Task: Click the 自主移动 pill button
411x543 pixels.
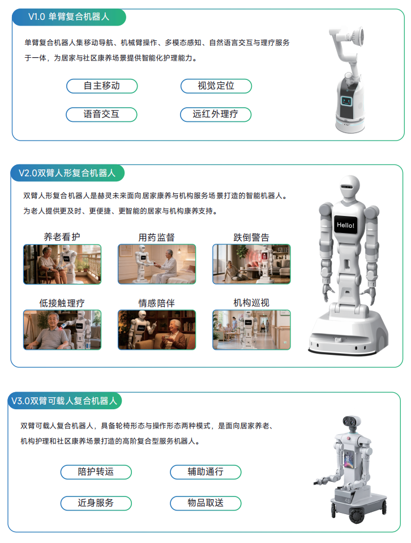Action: pos(102,86)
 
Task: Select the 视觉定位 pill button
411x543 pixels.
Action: pos(216,86)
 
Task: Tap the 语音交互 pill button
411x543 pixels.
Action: pos(101,114)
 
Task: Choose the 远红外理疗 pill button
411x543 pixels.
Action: pos(216,114)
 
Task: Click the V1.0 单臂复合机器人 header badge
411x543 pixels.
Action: pos(69,17)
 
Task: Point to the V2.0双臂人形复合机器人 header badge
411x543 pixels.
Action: pos(67,173)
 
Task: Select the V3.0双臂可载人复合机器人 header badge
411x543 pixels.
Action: pos(65,401)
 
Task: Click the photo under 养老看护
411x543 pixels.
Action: pos(62,264)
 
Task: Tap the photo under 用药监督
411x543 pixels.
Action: pos(157,264)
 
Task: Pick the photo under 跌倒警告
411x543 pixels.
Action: pos(251,264)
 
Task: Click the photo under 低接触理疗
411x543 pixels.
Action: pos(62,330)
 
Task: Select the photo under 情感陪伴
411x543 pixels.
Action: pos(157,330)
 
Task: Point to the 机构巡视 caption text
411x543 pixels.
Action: pos(251,303)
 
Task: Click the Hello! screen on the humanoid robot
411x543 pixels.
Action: pos(345,226)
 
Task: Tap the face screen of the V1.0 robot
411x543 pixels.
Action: pos(346,101)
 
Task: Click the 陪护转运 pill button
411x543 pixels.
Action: pos(96,472)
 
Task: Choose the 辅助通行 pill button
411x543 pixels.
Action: pos(205,472)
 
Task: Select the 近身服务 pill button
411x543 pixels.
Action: pos(96,503)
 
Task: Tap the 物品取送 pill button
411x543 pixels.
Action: pos(205,503)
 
